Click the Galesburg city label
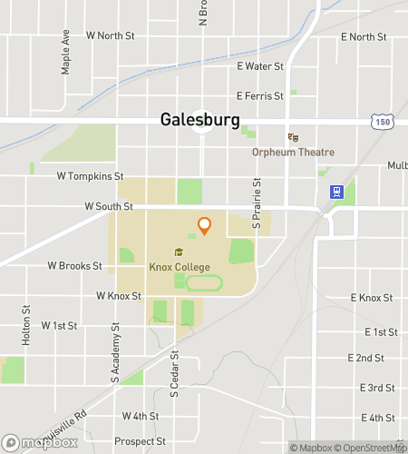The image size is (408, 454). pos(199,120)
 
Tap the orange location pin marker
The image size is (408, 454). pos(204,225)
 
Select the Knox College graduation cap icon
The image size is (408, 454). pos(179,252)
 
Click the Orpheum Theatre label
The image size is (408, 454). pos(294,153)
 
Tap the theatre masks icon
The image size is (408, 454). pos(293,137)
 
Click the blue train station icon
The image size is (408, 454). pos(335,192)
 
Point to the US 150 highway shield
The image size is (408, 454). pos(381,121)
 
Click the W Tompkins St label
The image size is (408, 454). pos(90,175)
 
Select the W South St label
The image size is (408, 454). pos(109,207)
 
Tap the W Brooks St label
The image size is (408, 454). pos(74,266)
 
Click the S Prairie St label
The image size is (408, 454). pos(257,208)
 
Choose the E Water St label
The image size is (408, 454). pos(260,66)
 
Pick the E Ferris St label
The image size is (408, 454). pos(261,95)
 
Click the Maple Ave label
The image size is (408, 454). pos(65,55)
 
